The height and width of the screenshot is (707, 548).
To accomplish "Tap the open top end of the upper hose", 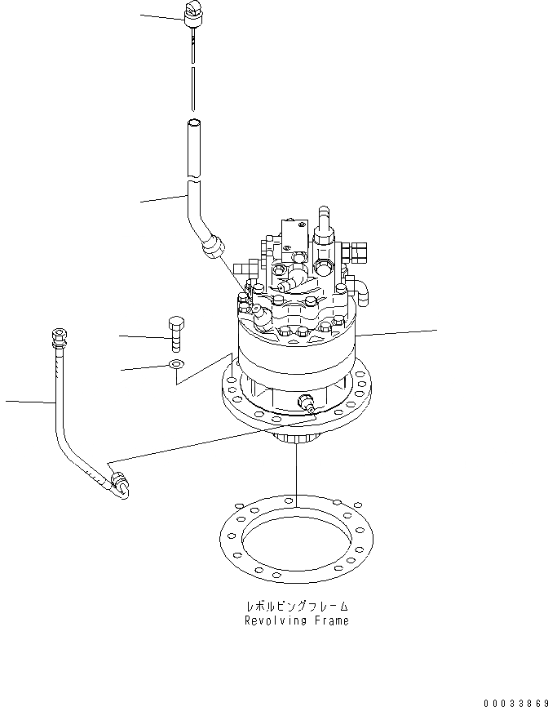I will [x=192, y=124].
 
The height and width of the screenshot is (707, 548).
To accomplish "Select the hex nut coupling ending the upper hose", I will [x=213, y=242].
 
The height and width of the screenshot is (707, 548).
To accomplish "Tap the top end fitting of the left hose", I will [x=59, y=336].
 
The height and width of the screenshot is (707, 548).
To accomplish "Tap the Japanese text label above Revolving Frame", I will [x=297, y=607].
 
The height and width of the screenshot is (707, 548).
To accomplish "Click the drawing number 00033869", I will [x=514, y=701].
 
